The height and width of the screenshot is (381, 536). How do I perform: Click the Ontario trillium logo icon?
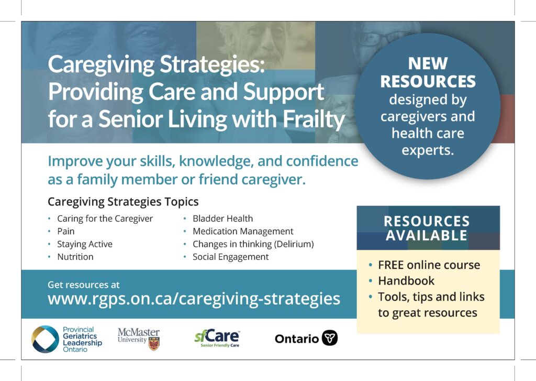pyautogui.click(x=330, y=338)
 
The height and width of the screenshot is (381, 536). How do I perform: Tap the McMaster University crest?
pyautogui.click(x=154, y=343)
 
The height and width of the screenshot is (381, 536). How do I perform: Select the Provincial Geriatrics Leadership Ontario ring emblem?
pyautogui.click(x=45, y=339)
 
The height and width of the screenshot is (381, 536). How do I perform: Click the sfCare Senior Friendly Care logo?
pyautogui.click(x=217, y=338)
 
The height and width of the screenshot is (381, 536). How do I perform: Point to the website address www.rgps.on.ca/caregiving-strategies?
pyautogui.click(x=194, y=299)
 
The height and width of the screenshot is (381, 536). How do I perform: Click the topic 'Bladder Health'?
pyautogui.click(x=223, y=219)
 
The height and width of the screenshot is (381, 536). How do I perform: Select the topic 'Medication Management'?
pyautogui.click(x=243, y=232)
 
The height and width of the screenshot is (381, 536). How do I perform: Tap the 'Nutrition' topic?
pyautogui.click(x=75, y=257)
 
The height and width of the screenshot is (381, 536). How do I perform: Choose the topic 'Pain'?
pyautogui.click(x=66, y=232)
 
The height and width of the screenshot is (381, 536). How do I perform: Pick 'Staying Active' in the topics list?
pyautogui.click(x=85, y=244)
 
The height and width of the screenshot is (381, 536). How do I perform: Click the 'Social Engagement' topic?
pyautogui.click(x=231, y=257)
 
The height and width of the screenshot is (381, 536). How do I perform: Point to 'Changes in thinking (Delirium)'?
pyautogui.click(x=253, y=244)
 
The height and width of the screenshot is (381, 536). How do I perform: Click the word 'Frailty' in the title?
pyautogui.click(x=314, y=119)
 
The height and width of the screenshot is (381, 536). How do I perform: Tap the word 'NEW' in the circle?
pyautogui.click(x=428, y=63)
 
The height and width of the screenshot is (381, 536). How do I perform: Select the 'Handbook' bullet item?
pyautogui.click(x=406, y=281)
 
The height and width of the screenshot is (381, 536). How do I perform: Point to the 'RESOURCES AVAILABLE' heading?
pyautogui.click(x=427, y=228)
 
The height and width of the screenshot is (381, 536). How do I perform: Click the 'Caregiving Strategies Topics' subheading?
pyautogui.click(x=123, y=202)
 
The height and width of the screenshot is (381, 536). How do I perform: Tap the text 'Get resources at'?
pyautogui.click(x=84, y=285)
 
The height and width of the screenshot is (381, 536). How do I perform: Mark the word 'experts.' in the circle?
pyautogui.click(x=428, y=150)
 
